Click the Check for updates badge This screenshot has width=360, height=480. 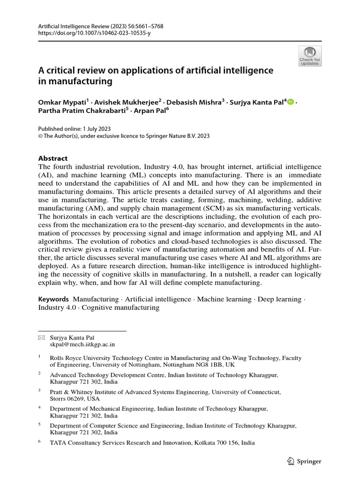pos(310,56)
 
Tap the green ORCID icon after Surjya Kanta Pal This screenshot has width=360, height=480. pos(290,102)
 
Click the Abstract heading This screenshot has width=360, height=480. pos(53,158)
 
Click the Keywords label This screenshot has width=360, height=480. pos(53,299)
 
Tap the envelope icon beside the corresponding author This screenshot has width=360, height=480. pos(41,337)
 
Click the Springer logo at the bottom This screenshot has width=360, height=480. pos(304,461)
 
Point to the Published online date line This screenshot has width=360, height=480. pos(74,129)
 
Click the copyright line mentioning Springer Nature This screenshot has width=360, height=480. pos(124,136)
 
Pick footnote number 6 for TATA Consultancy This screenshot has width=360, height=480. pos(40,442)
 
